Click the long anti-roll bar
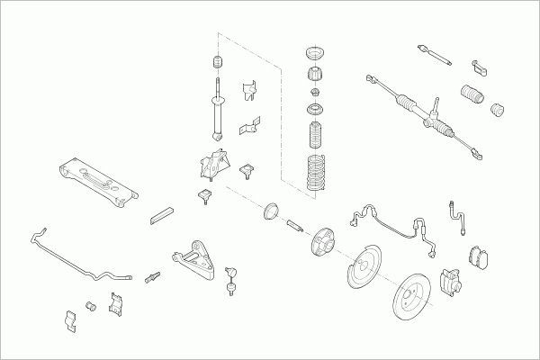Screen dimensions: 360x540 pos(76,256)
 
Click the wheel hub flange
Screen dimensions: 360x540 pos(319,241)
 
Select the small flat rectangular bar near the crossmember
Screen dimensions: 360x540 pos(163,214)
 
